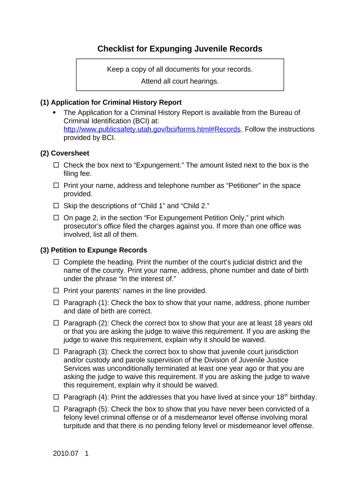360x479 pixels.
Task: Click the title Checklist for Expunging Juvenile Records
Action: (x=180, y=49)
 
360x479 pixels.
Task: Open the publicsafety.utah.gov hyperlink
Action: (x=152, y=129)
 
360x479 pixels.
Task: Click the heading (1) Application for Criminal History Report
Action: (x=111, y=102)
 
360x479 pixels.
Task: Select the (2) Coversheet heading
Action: (x=65, y=153)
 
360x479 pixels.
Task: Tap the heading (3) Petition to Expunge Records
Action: (x=94, y=250)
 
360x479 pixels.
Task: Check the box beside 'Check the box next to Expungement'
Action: (x=56, y=165)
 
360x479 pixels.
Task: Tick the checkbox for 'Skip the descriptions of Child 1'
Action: (x=56, y=206)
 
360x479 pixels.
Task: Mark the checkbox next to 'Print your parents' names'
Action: (x=56, y=291)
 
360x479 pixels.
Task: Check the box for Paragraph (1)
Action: (x=56, y=303)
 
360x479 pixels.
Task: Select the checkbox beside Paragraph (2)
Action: (x=56, y=323)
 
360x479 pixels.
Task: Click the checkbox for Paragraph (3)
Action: (x=56, y=352)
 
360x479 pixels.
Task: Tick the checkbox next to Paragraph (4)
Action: (x=56, y=397)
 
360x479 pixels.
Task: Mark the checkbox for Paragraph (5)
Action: (x=56, y=409)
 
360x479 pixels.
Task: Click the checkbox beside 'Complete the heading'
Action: (x=56, y=262)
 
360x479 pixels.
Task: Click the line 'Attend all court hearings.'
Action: (x=180, y=81)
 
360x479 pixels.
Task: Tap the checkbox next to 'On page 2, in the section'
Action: (x=56, y=218)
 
